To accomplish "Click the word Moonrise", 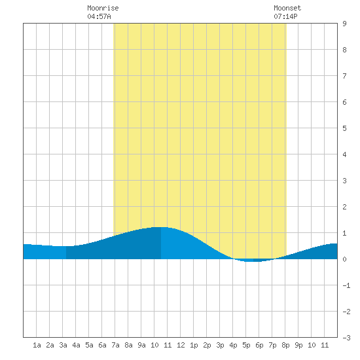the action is tap(103, 8).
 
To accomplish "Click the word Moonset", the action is tap(287, 8).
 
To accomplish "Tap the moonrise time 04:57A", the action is tap(99, 16).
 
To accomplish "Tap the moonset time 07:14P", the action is tap(285, 16).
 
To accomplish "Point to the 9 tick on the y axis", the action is tap(344, 24).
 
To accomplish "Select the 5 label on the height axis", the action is tap(344, 128).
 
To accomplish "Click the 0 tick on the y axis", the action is tap(344, 259).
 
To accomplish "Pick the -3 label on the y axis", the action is tap(346, 338).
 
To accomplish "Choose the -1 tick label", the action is tap(346, 285).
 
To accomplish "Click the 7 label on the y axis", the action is tap(344, 76).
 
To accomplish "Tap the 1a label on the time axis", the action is tap(37, 345).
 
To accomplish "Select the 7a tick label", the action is tap(115, 345).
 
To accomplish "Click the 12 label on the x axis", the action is tap(181, 345).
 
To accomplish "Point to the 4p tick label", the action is tap(233, 345).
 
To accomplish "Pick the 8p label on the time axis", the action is tap(285, 345).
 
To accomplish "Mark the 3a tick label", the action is tap(63, 345).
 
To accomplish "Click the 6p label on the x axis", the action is tap(259, 345).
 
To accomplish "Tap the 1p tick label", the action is tap(194, 345).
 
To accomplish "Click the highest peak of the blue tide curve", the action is tap(161, 227).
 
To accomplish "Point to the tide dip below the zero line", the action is tap(253, 261).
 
